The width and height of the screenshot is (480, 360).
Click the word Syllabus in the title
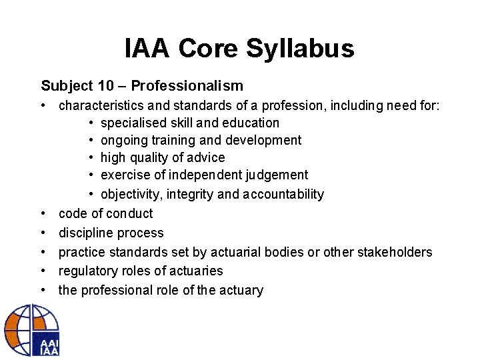[x=307, y=49]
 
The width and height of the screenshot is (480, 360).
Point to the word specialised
[x=130, y=123]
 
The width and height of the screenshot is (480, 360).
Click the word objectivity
[x=129, y=194]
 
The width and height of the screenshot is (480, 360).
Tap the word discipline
[x=85, y=233]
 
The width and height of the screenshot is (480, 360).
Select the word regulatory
[x=85, y=271]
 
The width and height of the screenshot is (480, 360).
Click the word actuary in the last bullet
[x=242, y=290]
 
